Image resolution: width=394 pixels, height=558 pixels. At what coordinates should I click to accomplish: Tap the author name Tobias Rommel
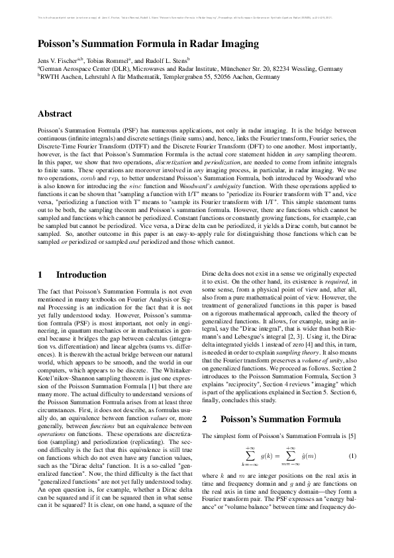[117, 60]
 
